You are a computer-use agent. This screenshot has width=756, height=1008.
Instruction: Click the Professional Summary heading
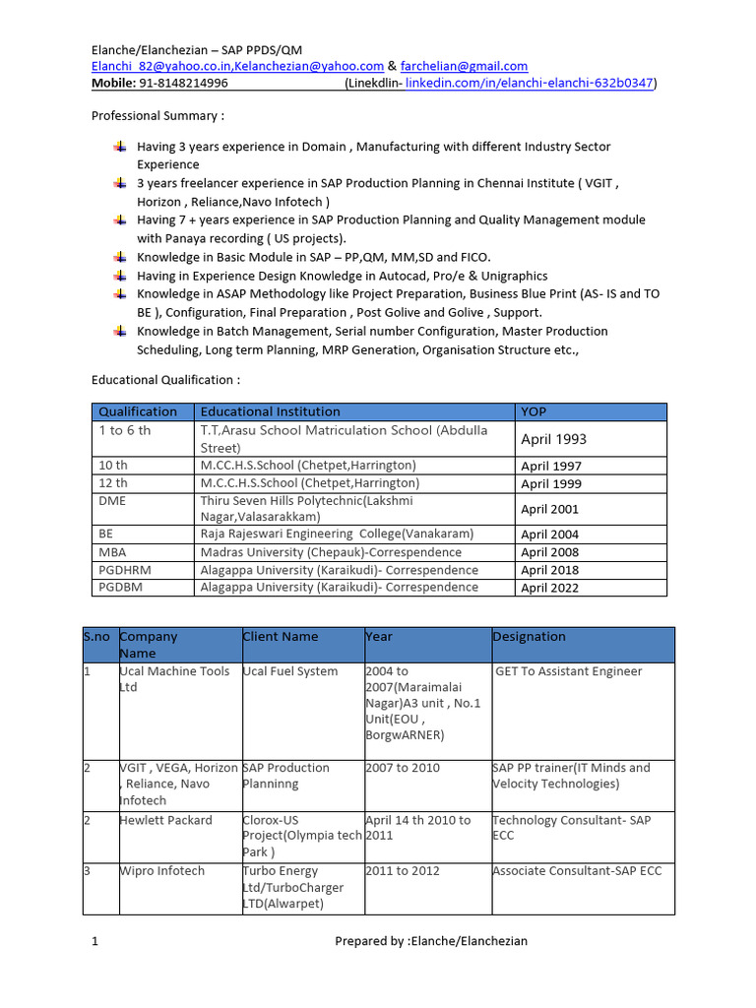(x=157, y=115)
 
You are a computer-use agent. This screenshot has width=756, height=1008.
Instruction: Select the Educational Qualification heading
(x=165, y=379)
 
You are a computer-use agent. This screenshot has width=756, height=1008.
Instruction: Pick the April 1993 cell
(x=554, y=439)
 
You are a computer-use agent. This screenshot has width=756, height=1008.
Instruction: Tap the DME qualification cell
(x=112, y=501)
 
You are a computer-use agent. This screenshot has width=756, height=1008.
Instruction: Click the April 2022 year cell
(x=550, y=588)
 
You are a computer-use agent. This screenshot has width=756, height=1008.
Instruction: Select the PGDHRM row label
(x=125, y=570)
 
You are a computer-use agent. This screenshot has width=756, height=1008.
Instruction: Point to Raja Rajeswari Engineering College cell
(x=337, y=534)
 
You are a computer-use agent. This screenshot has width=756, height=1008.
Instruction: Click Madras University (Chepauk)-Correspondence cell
(x=331, y=552)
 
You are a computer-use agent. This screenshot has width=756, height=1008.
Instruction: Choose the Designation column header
(x=529, y=637)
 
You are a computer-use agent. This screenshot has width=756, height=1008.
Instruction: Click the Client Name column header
(x=281, y=637)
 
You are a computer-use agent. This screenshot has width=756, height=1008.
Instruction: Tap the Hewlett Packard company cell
(x=165, y=820)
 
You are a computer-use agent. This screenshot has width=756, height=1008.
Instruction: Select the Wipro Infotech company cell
(x=161, y=871)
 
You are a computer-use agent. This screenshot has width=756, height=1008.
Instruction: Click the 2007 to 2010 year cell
(x=403, y=768)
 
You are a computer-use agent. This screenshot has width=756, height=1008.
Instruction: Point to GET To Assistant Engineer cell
(x=569, y=671)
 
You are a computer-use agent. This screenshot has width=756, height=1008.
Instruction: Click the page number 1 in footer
(x=95, y=941)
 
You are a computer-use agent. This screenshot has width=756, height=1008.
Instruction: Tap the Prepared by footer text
(x=431, y=941)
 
